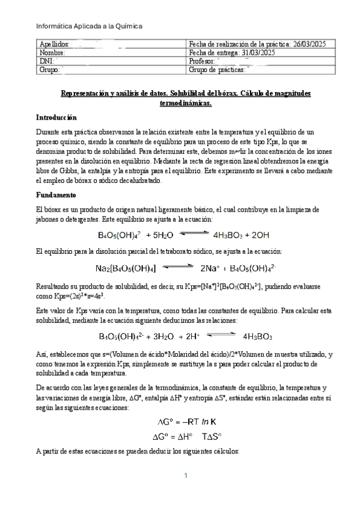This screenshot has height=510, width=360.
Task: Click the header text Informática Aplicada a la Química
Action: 90,26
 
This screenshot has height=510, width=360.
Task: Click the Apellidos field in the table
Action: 54,45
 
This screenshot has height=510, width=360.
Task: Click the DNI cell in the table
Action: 47,61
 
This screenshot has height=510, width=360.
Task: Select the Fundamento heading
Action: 55,195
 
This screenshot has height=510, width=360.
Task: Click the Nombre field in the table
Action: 51,53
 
